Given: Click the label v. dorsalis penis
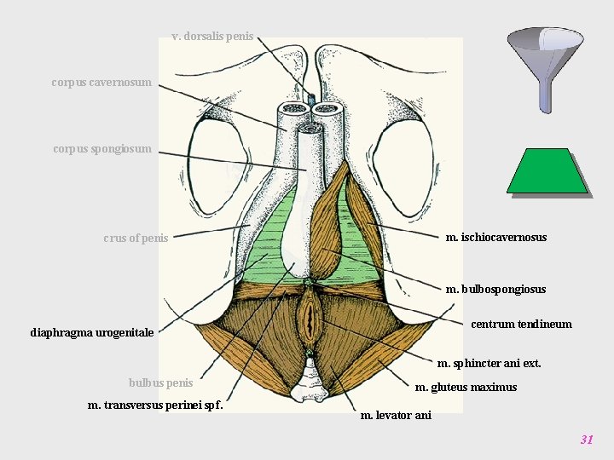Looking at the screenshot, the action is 212,37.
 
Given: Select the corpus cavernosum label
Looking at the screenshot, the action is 101,83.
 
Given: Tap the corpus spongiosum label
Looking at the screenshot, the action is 102,149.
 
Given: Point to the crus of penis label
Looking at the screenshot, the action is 136,238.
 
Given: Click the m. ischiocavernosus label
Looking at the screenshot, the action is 496,237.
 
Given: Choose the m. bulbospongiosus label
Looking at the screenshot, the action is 495,289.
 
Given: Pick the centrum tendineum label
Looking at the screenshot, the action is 521,324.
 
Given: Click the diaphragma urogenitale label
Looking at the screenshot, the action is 92,332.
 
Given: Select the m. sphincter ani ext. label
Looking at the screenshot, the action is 489,363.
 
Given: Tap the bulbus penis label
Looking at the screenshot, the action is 160,382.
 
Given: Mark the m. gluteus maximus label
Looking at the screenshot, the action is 466,388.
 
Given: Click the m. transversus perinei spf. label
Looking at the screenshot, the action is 156,405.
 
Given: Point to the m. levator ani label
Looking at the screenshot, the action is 396,415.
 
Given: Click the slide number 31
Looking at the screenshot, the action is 586,440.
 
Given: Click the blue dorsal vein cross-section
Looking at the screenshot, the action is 310,101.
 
